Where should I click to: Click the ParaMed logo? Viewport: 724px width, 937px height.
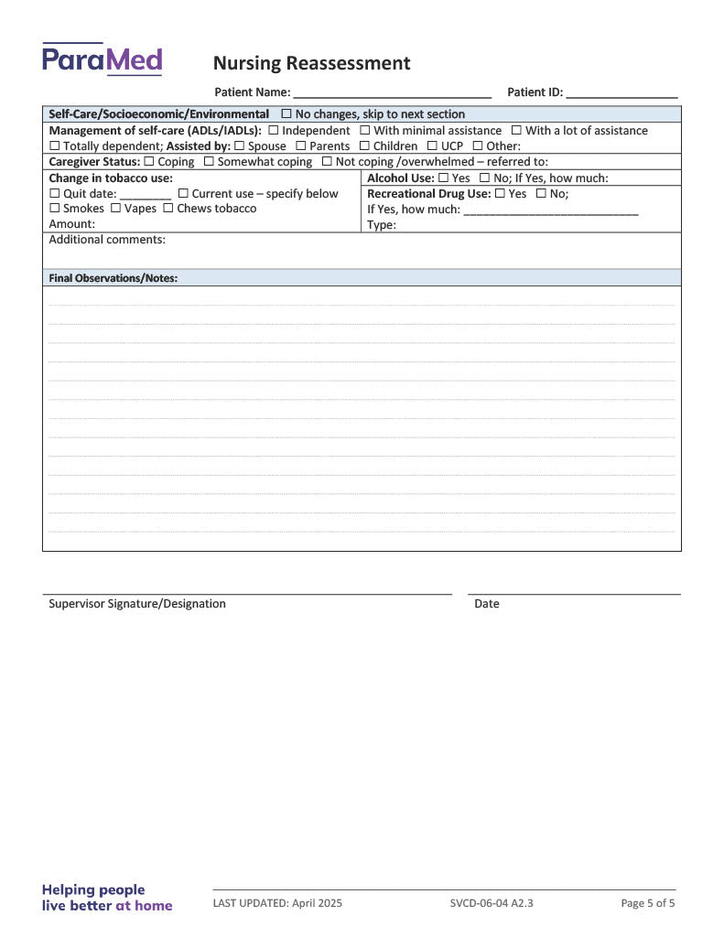pos(102,59)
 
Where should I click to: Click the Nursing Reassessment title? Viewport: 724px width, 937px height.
pos(311,63)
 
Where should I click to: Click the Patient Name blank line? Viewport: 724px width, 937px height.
pos(392,93)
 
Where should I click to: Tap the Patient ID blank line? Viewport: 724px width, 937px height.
pos(621,93)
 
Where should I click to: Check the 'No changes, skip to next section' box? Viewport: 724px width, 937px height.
pos(286,114)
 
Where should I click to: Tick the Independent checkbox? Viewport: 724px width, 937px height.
pos(273,131)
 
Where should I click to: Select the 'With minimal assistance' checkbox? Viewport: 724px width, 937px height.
pos(364,131)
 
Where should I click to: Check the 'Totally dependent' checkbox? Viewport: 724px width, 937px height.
pos(54,146)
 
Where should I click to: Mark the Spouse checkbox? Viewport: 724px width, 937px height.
pos(239,146)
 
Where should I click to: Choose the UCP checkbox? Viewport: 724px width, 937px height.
pos(432,146)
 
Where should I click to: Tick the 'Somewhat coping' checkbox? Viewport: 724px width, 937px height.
pos(209,162)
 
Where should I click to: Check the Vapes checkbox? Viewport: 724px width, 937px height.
pos(115,209)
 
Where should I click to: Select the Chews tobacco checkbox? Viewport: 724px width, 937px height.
pos(167,209)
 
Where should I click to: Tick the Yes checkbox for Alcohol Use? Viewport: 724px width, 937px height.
pos(443,178)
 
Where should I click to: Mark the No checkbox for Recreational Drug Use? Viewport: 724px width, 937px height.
pos(541,194)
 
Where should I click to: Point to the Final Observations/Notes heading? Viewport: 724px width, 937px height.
pos(113,278)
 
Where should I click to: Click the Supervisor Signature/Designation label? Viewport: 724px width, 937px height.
pos(137,604)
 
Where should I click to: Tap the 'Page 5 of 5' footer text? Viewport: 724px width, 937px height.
pos(648,904)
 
